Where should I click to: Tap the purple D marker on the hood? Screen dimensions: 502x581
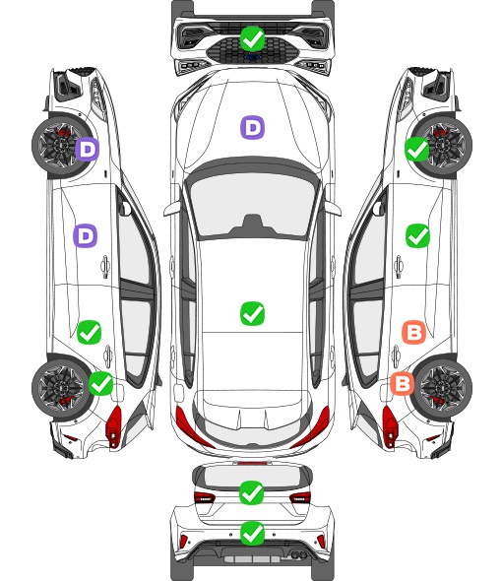coord(252,127)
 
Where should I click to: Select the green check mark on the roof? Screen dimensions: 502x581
coord(252,313)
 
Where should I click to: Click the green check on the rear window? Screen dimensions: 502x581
coord(252,492)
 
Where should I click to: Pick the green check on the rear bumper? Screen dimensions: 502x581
coord(252,534)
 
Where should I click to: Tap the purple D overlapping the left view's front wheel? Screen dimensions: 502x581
coord(88,150)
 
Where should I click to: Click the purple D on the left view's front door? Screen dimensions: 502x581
coord(86,235)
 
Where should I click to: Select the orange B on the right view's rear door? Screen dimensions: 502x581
coord(413,332)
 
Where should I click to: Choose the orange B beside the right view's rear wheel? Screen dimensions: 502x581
coord(403,383)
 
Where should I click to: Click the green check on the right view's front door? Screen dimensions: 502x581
coord(418,235)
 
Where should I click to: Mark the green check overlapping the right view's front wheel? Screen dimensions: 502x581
coord(417,150)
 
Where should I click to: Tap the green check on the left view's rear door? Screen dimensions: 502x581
coord(89,332)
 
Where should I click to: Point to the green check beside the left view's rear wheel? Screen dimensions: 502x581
coord(101,383)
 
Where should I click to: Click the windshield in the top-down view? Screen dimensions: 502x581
coord(252,206)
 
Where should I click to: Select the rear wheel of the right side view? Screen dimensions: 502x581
coord(443,388)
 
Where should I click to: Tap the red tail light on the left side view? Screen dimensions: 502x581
coord(114,426)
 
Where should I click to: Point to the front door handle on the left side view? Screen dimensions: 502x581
coord(105,266)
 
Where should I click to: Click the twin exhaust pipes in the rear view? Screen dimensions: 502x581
coord(297,554)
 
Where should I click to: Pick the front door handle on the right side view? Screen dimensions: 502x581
coord(399,266)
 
